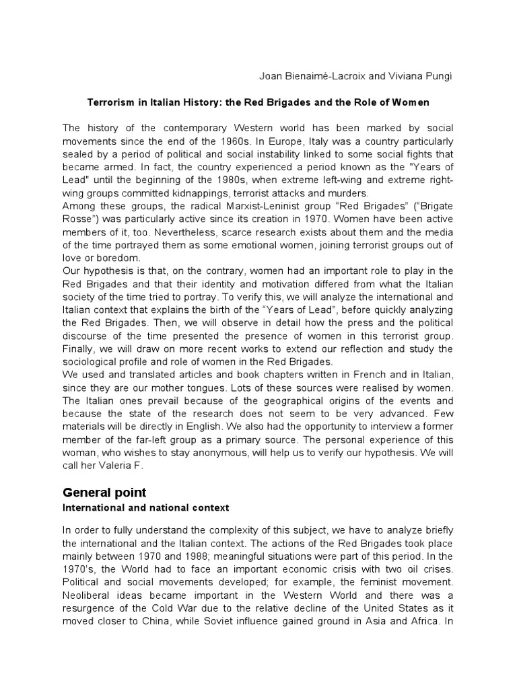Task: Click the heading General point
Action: [x=104, y=493]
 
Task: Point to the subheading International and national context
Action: [x=146, y=507]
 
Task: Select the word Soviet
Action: [x=211, y=621]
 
